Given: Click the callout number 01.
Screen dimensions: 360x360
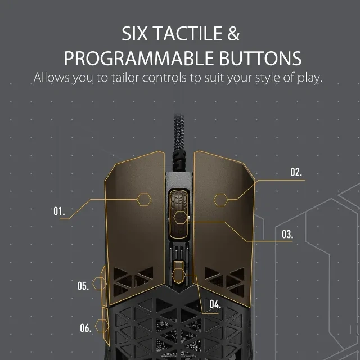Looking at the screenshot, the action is tap(59, 211).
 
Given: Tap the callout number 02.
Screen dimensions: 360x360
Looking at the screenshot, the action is tap(296, 172).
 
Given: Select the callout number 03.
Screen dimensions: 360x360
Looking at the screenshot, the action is tap(287, 234).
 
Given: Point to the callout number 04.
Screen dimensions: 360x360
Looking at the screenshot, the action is tap(215, 304).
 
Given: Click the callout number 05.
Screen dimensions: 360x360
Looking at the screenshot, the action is tap(83, 286).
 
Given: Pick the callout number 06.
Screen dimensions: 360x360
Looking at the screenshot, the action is tap(85, 328).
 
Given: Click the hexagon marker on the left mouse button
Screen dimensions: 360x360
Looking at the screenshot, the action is tap(144, 200).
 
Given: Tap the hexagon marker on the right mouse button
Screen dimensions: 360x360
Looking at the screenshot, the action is tap(221, 200).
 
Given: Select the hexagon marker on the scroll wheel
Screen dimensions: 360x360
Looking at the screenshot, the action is tap(181, 217).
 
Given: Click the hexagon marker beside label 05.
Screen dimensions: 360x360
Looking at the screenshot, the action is tap(100, 283).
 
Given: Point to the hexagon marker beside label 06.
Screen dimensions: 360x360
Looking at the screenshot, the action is tap(102, 326).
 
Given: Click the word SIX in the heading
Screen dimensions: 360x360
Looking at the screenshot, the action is tap(134, 34).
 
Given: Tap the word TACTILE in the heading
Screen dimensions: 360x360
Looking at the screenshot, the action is tap(188, 34).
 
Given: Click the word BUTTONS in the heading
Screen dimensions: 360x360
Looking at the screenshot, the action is tap(260, 58).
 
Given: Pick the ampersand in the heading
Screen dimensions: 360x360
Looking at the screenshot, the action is tap(234, 34).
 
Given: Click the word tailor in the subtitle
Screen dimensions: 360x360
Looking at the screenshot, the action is tap(125, 78).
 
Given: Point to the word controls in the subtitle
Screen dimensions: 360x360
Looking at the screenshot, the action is tap(164, 78).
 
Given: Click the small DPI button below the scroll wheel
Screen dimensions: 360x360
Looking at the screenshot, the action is tap(179, 272).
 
